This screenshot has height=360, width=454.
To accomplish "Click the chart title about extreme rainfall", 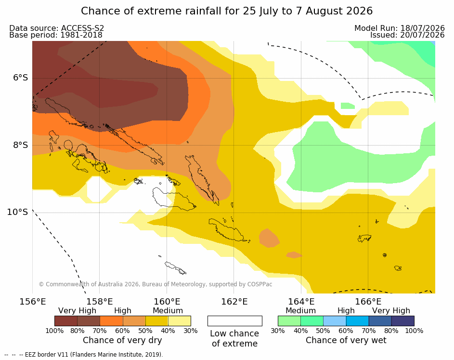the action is tap(227, 11).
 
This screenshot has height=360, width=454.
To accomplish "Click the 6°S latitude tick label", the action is tap(21, 78).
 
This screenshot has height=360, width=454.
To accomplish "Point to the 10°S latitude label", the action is tap(18, 212).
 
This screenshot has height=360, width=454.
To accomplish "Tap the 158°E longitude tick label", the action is tap(100, 302).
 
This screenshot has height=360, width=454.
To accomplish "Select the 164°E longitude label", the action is tap(301, 302).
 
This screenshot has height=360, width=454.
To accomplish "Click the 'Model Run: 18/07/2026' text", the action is tap(399, 28).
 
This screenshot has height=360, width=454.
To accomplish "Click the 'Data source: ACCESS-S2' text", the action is tap(57, 28).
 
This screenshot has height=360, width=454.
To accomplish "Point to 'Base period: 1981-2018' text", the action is tap(56, 35).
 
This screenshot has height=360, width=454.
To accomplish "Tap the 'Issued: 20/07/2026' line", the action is tap(407, 35).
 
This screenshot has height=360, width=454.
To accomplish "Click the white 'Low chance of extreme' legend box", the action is tap(235, 321).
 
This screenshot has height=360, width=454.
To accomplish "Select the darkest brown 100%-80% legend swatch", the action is tap(66, 321).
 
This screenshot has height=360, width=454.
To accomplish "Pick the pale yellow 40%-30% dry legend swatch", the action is tap(180, 321).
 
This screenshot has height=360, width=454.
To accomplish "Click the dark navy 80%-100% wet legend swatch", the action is tap(403, 321).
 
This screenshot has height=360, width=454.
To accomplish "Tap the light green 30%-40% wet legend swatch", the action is tap(289, 321).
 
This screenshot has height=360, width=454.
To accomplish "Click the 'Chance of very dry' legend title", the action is tap(122, 340).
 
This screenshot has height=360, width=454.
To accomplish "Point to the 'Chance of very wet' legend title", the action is tap(346, 340).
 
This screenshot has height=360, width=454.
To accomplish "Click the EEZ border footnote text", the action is tap(84, 355).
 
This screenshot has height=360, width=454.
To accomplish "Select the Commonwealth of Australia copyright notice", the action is tap(156, 284).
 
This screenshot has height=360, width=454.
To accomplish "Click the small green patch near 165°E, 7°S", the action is tap(348, 106).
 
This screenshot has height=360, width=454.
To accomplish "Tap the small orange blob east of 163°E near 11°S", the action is tap(294, 255).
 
